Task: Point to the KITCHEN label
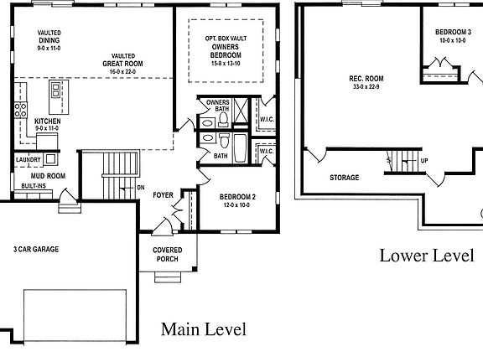tap(48, 122)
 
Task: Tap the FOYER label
tap(163, 195)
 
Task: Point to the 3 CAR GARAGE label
tap(35, 249)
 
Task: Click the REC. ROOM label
tap(366, 79)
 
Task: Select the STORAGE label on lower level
tap(344, 178)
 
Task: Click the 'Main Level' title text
tap(203, 329)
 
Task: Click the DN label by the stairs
tap(140, 188)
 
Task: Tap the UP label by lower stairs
tap(423, 161)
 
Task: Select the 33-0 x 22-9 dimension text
tap(366, 88)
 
